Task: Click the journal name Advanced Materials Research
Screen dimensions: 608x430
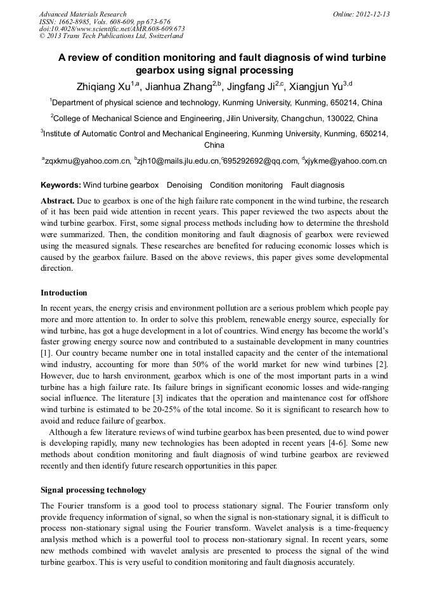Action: click(82, 14)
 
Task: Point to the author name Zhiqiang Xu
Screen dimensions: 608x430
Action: click(103, 86)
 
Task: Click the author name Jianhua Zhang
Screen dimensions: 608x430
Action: click(179, 86)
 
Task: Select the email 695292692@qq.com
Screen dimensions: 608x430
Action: click(261, 161)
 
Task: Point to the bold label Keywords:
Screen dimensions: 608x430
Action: click(61, 185)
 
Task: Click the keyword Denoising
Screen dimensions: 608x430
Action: click(184, 185)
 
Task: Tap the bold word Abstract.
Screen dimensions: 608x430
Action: click(57, 200)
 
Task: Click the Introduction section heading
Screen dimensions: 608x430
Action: click(64, 293)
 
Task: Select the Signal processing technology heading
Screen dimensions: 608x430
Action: click(93, 490)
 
